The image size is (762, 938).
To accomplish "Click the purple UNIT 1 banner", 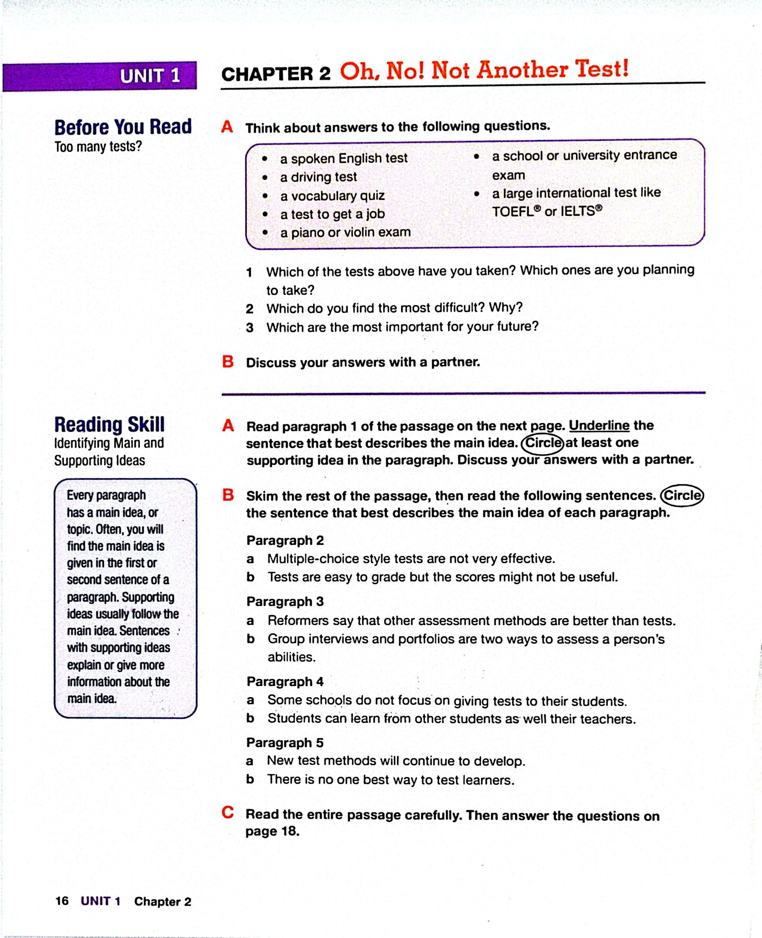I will coord(100,76).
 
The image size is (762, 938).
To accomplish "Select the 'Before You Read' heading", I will coord(123,127).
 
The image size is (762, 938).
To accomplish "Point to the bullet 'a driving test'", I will coord(318,177).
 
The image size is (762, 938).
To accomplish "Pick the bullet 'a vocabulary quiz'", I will coord(332,195).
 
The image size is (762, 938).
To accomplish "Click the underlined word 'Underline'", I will coord(599,425).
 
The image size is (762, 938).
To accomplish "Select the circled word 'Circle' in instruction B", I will coord(682,495).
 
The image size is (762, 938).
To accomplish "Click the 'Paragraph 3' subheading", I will coord(285,602).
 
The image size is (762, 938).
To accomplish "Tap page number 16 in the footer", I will coord(62,901).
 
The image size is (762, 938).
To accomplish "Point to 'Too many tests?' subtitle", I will coord(98,146).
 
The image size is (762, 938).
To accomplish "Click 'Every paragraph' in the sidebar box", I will coord(106,495).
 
